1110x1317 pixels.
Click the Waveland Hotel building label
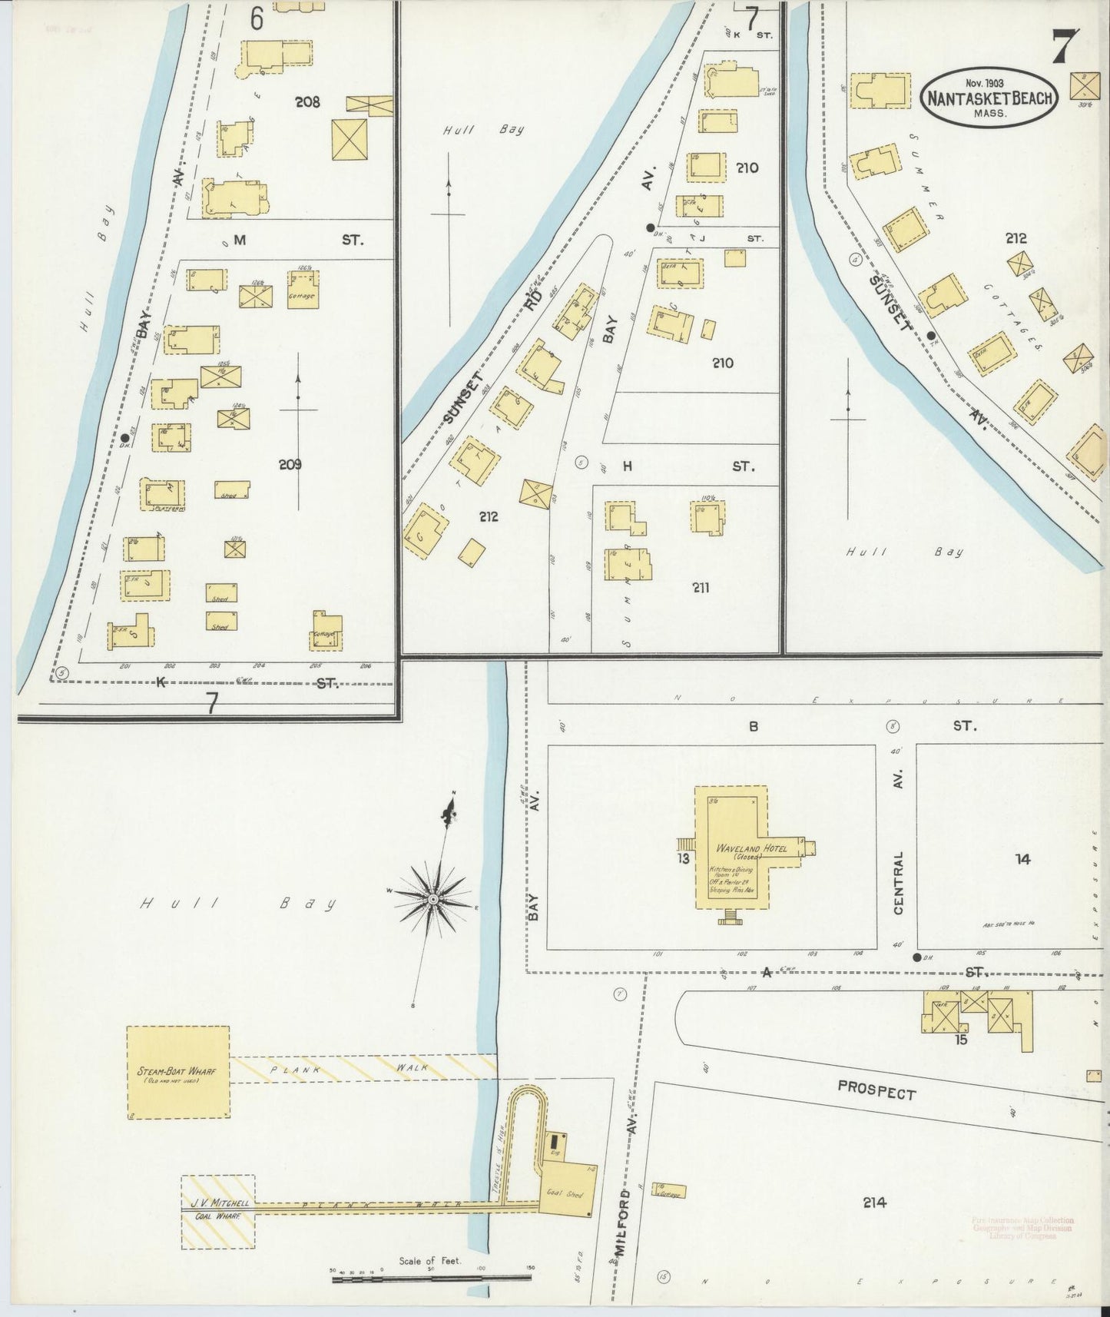(737, 849)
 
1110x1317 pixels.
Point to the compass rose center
(432, 897)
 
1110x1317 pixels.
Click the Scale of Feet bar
(430, 1277)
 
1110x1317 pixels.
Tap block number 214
(874, 1203)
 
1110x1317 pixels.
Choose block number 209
(290, 464)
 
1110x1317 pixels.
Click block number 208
(307, 101)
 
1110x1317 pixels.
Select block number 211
(700, 588)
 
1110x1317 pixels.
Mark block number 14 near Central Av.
(1022, 859)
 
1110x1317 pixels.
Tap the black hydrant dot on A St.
(916, 957)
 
